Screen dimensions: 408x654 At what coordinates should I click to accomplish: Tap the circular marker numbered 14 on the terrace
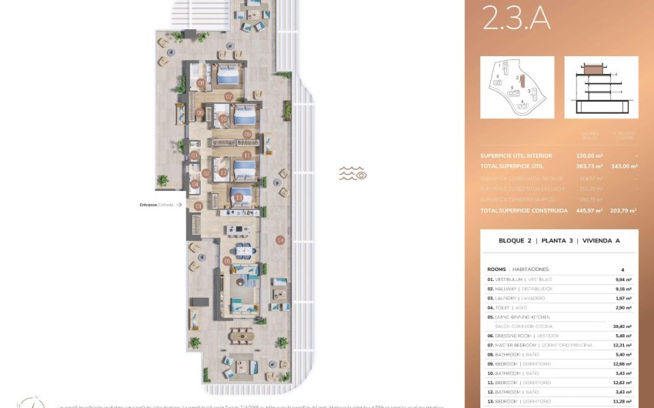pos(280,240)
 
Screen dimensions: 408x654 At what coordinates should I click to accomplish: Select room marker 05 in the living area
pos(227,261)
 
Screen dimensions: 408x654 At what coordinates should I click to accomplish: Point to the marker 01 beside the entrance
pos(199,206)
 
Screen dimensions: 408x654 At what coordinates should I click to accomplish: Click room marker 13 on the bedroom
pos(239,197)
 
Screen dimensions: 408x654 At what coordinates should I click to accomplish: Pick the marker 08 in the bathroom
pos(201,82)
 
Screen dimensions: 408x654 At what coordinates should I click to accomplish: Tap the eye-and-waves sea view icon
pos(353,174)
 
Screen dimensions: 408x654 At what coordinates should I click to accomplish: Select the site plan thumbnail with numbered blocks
pos(517,87)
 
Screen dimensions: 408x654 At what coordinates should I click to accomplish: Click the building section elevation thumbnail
pos(601,87)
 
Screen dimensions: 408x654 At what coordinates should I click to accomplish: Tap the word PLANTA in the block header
pos(553,241)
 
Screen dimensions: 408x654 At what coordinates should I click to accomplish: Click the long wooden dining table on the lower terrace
pos(241,335)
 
